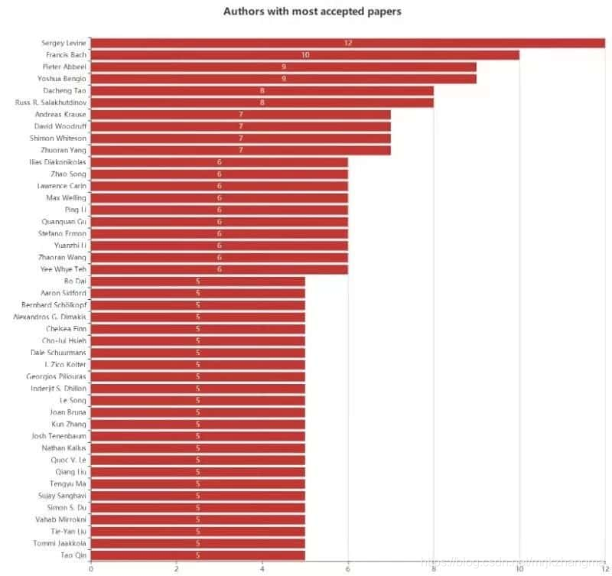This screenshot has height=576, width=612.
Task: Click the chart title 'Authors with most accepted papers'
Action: tap(312, 11)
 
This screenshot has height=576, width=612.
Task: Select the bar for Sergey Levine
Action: tap(347, 43)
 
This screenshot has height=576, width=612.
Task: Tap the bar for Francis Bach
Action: tap(304, 55)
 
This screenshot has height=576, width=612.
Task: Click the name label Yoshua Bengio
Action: tap(63, 79)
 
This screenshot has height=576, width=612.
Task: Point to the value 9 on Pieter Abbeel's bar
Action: tap(283, 67)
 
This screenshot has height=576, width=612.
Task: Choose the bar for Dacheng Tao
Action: tap(262, 90)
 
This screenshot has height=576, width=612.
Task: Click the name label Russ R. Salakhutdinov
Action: tap(50, 103)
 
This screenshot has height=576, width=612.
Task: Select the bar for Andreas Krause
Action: tap(240, 115)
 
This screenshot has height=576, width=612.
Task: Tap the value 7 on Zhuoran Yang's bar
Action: tap(240, 150)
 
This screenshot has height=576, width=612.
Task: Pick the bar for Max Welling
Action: tap(219, 197)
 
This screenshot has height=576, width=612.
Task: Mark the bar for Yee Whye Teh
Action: tap(219, 269)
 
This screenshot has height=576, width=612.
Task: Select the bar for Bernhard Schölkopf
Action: tap(197, 305)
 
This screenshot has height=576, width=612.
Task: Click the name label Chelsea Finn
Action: tap(66, 329)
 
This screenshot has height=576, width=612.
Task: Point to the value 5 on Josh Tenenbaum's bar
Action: tap(197, 436)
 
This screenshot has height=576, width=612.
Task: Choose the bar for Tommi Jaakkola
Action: tap(197, 543)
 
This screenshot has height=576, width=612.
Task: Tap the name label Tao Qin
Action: tap(73, 555)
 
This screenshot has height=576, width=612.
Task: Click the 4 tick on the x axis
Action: tap(262, 568)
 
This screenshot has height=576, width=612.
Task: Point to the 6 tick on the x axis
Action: tap(348, 568)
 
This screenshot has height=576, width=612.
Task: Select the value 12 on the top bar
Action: tap(347, 43)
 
